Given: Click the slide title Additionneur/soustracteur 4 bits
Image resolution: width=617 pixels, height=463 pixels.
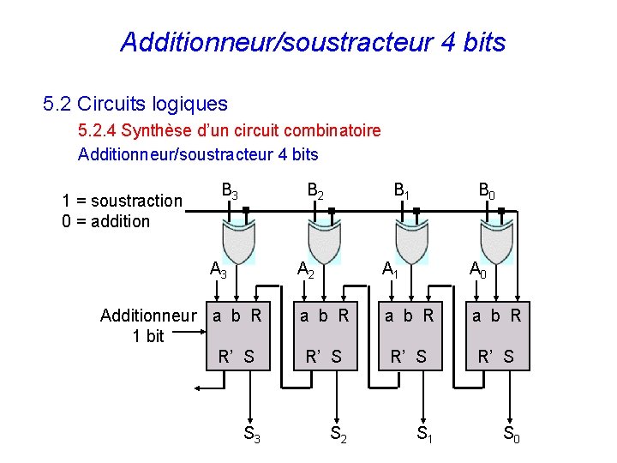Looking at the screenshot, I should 313,42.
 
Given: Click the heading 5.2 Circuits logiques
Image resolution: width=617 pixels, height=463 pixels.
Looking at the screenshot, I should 135,105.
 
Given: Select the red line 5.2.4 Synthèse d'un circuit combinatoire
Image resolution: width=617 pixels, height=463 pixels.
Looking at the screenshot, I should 229,131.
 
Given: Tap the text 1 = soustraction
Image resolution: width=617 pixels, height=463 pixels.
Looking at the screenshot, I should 122,201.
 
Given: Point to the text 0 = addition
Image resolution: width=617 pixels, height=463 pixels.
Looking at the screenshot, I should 106,221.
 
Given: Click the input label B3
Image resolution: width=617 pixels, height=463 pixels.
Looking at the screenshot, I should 231,191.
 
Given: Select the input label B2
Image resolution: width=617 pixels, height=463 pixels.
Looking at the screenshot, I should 315,191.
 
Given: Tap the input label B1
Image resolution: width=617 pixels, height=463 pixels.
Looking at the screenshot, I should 401,191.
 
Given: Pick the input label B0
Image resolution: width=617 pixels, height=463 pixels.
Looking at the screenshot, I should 487,191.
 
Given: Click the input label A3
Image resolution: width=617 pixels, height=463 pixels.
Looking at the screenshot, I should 219,271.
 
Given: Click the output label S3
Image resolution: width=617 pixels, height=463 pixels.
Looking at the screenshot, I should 253,436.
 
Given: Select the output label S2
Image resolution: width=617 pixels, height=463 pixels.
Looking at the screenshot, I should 338,436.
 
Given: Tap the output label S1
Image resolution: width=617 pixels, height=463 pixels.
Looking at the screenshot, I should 424,436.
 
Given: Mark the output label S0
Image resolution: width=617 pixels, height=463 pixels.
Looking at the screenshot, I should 511,436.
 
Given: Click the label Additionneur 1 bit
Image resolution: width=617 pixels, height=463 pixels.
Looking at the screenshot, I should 148,325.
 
